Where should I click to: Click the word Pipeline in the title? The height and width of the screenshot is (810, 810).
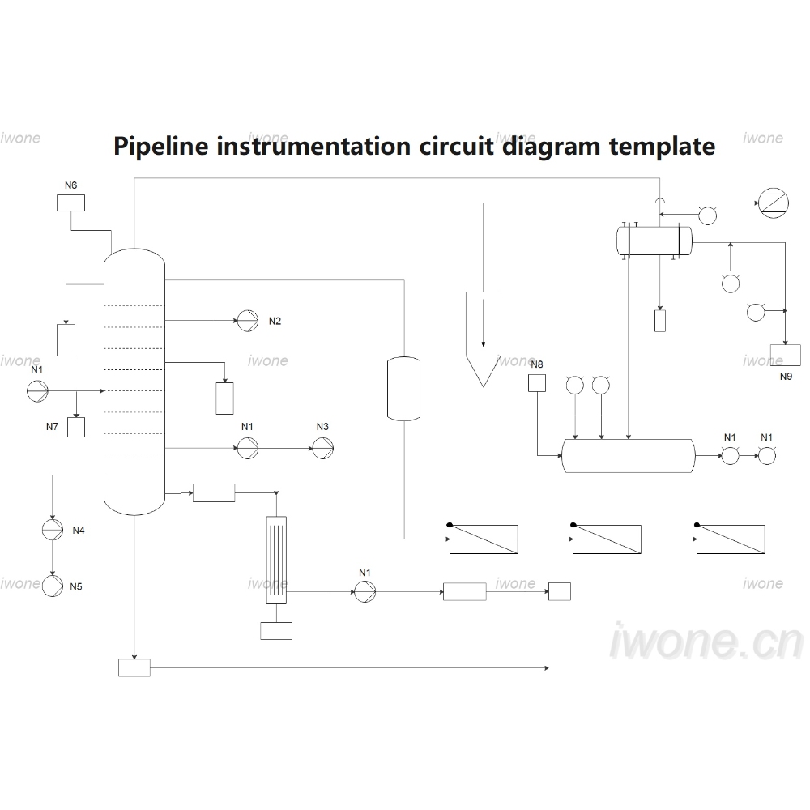pyautogui.click(x=161, y=147)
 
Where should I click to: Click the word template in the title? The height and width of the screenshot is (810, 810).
pyautogui.click(x=663, y=147)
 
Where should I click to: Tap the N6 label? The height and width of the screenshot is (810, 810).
pyautogui.click(x=70, y=185)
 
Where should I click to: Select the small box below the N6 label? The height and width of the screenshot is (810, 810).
pyautogui.click(x=70, y=203)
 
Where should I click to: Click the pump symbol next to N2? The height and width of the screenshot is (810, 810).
pyautogui.click(x=247, y=321)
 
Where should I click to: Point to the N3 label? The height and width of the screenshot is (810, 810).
pyautogui.click(x=322, y=427)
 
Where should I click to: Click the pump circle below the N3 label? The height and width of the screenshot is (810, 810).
pyautogui.click(x=323, y=449)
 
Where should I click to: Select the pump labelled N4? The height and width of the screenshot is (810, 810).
pyautogui.click(x=52, y=530)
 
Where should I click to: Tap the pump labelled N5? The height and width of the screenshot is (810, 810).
pyautogui.click(x=52, y=586)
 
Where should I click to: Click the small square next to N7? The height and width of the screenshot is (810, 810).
pyautogui.click(x=76, y=427)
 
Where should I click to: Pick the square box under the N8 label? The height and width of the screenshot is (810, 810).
pyautogui.click(x=537, y=383)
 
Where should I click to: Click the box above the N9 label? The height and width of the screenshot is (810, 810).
pyautogui.click(x=786, y=355)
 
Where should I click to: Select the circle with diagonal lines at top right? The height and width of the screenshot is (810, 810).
pyautogui.click(x=774, y=203)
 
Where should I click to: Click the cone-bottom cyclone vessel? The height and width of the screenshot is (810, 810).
pyautogui.click(x=484, y=339)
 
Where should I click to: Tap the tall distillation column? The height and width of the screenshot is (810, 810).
pyautogui.click(x=134, y=382)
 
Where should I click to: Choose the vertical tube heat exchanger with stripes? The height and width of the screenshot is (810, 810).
pyautogui.click(x=276, y=560)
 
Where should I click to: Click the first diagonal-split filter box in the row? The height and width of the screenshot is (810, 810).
pyautogui.click(x=484, y=539)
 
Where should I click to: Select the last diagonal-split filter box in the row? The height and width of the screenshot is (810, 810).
pyautogui.click(x=731, y=539)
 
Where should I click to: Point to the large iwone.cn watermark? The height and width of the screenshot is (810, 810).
pyautogui.click(x=706, y=642)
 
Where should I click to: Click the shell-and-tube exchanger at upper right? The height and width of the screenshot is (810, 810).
pyautogui.click(x=654, y=241)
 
